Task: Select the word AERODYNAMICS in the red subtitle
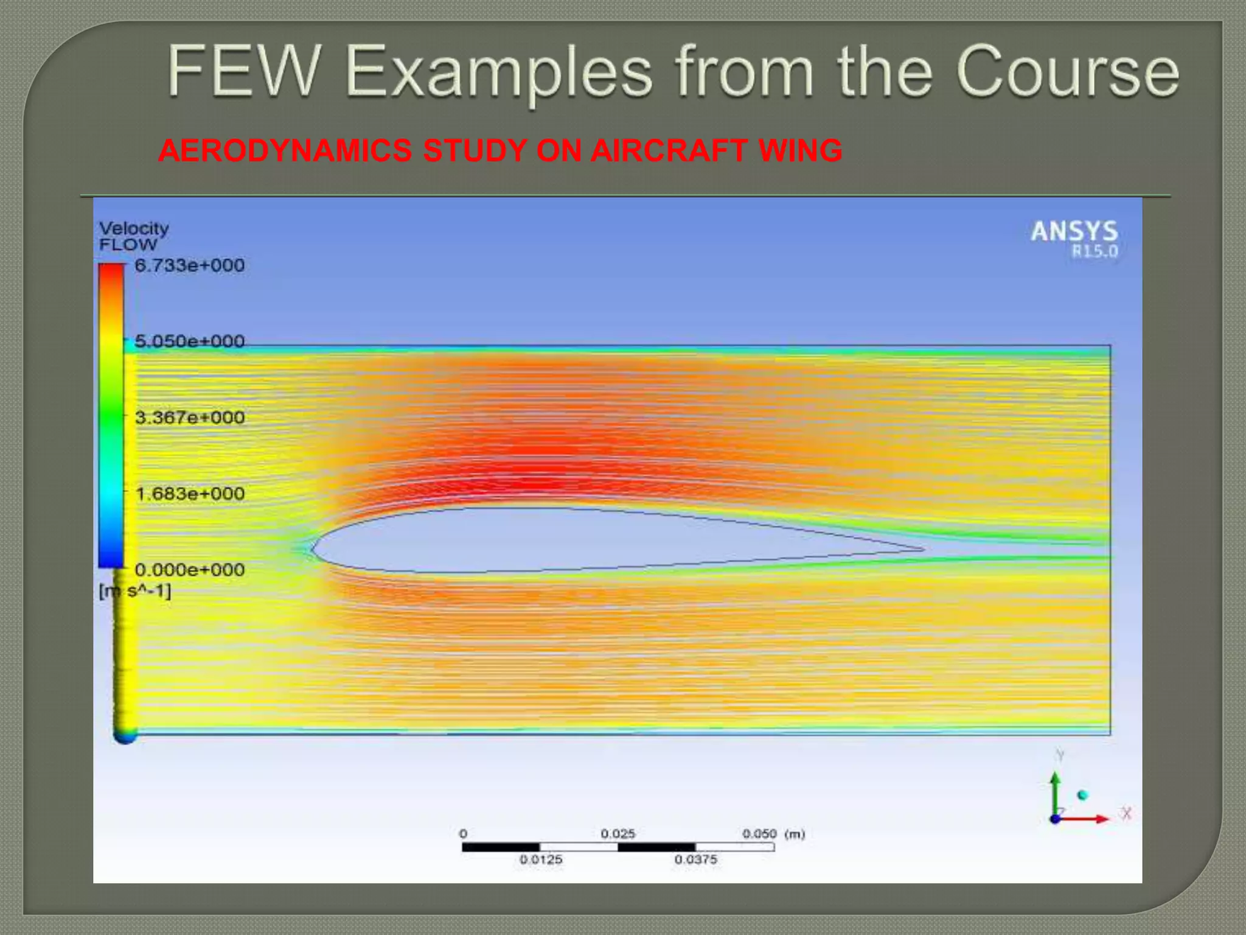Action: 285,151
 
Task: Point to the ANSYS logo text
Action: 1074,231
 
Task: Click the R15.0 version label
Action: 1095,251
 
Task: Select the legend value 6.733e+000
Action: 189,265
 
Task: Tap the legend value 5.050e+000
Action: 189,341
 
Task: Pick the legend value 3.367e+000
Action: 189,418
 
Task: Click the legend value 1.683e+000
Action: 189,494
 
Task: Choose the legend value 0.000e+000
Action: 189,570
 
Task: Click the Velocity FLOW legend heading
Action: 133,236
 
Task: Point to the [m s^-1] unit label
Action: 135,591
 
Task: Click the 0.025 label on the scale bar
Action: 618,833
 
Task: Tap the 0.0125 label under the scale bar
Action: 541,860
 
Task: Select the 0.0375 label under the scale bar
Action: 695,860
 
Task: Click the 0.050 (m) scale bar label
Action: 773,833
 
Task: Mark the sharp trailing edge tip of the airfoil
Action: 922,549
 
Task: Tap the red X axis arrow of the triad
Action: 1095,819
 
